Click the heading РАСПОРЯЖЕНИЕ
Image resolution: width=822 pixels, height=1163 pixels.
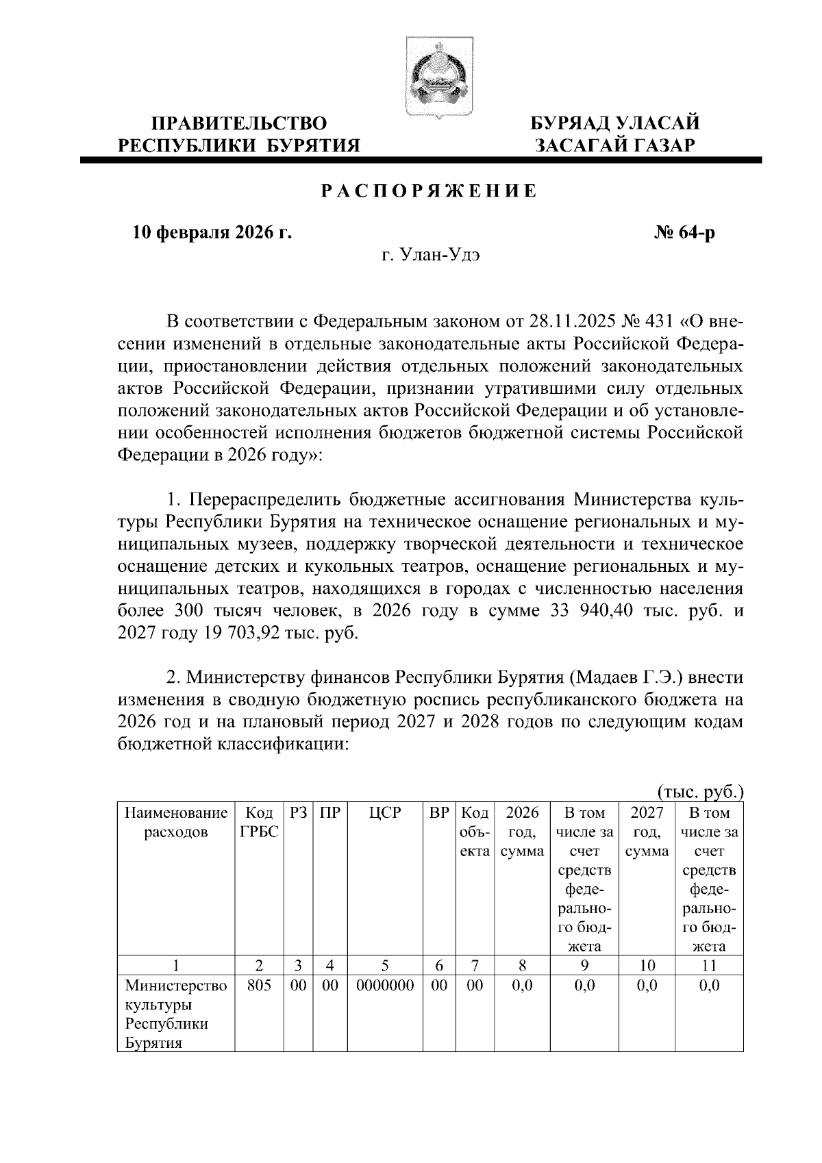click(x=429, y=191)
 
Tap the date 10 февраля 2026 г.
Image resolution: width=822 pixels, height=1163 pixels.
click(x=212, y=234)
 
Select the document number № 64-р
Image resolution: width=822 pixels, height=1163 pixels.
click(x=684, y=234)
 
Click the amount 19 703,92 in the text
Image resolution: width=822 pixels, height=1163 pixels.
click(x=237, y=632)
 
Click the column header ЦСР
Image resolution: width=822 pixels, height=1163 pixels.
click(x=384, y=813)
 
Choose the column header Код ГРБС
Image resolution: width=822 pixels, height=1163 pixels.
click(x=259, y=823)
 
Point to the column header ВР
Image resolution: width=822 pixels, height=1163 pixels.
click(x=439, y=813)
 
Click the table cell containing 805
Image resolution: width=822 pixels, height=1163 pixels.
click(x=259, y=986)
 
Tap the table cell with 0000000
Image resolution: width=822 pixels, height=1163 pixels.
click(x=384, y=986)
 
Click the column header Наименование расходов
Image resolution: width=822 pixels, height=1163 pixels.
click(x=176, y=823)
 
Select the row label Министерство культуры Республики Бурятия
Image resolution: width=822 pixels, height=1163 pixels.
click(x=176, y=1014)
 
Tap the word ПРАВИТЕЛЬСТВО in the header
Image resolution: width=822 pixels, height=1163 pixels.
click(x=239, y=123)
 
